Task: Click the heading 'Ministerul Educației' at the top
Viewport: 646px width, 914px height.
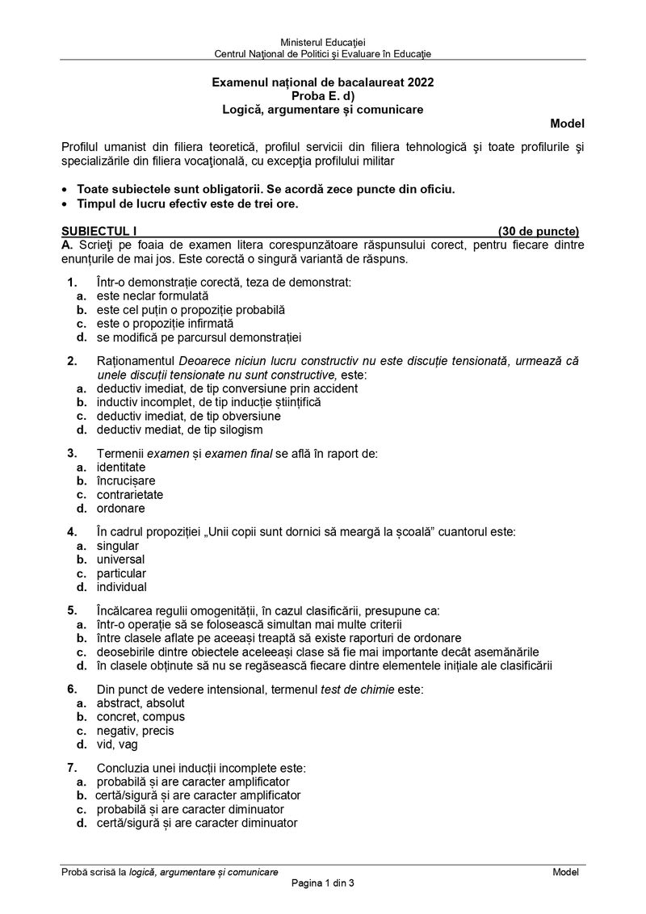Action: point(322,41)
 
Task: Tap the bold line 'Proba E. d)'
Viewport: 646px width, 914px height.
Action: point(322,95)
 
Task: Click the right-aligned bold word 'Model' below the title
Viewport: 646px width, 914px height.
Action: point(567,124)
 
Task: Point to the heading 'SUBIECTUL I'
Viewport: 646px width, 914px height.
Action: point(94,231)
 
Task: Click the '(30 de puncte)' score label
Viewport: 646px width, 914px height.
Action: point(538,231)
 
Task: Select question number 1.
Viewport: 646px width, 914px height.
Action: point(72,283)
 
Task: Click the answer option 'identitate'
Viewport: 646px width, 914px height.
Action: point(121,467)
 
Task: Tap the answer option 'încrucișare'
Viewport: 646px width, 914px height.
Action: point(126,481)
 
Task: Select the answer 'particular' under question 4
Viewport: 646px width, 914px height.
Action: point(122,573)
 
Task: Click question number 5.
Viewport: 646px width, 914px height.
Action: point(72,610)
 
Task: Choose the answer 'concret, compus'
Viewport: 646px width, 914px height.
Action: point(141,717)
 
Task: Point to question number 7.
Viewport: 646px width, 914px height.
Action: point(72,768)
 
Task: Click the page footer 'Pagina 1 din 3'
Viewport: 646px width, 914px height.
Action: point(323,883)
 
